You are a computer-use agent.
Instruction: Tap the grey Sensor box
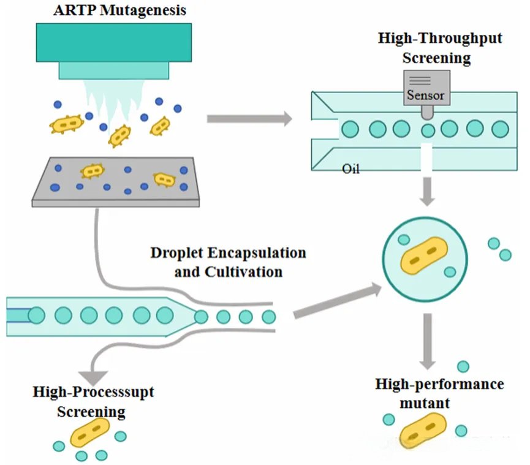(427, 88)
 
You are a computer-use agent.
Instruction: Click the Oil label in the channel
(350, 168)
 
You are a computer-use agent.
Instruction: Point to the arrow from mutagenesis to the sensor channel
(249, 119)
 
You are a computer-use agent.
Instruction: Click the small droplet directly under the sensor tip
(428, 130)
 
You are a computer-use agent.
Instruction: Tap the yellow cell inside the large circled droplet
(423, 255)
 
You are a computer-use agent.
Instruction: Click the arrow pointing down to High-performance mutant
(428, 341)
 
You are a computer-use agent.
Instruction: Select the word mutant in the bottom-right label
(425, 403)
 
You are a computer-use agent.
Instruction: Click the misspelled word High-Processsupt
(93, 392)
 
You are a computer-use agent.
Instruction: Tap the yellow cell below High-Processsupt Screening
(90, 432)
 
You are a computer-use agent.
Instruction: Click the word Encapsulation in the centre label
(257, 253)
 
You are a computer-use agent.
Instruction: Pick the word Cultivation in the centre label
(243, 272)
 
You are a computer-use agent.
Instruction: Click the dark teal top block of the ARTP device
(114, 42)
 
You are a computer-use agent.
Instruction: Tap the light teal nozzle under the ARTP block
(114, 70)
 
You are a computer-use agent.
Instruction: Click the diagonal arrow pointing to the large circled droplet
(338, 301)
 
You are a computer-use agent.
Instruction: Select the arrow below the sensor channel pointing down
(427, 192)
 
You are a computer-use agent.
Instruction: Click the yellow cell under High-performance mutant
(423, 431)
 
